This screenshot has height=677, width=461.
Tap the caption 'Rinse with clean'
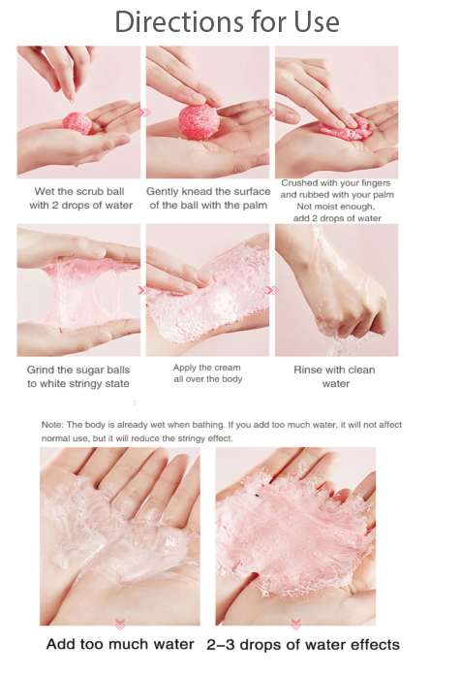point(335,370)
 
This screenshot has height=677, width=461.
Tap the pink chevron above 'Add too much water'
point(119,624)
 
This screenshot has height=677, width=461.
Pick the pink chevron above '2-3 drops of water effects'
point(294,624)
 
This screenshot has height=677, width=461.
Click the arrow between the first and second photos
point(145,113)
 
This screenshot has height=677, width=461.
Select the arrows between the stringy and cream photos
point(143,290)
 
